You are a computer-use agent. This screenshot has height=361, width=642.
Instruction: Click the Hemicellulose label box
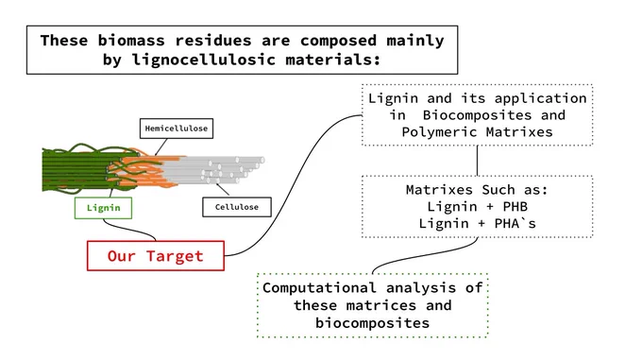tap(177, 129)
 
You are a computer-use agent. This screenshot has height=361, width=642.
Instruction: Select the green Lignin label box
tap(103, 208)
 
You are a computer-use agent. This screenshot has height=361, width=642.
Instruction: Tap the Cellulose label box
tap(237, 207)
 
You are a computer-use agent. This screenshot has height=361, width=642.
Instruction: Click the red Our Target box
tap(156, 256)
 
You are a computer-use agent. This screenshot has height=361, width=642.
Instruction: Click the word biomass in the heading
tap(131, 41)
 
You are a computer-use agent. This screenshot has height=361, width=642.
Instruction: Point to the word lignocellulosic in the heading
tap(204, 60)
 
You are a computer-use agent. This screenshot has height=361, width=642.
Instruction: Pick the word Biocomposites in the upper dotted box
tap(477, 115)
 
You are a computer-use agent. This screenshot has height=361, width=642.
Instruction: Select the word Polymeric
tap(439, 132)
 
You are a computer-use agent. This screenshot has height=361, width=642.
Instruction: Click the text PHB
tap(515, 207)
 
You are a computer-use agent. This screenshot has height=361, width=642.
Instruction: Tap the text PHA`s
tap(515, 223)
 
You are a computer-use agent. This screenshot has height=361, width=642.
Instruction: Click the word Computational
tap(319, 287)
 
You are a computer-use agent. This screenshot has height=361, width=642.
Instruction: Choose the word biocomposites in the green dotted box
tap(372, 323)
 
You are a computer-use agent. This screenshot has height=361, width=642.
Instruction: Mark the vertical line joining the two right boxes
tap(478, 161)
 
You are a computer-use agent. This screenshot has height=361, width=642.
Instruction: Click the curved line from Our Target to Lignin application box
tap(294, 184)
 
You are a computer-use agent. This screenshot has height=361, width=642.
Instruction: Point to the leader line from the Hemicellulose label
tap(160, 146)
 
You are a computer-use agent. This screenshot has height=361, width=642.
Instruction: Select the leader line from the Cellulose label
tap(223, 189)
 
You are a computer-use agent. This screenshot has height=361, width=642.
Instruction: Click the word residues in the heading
tap(213, 41)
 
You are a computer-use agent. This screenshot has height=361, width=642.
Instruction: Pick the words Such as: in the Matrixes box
tap(515, 190)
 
